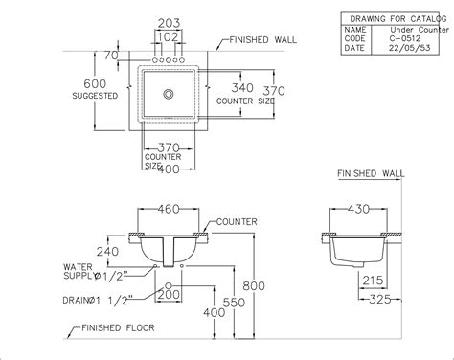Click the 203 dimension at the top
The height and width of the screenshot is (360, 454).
169,23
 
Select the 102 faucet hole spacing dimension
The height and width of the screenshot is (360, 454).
169,37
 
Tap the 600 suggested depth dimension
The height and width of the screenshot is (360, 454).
95,83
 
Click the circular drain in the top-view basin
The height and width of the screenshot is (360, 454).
169,94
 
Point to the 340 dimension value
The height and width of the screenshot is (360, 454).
242,87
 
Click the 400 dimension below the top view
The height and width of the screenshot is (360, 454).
169,169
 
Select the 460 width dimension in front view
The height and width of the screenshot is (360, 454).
169,209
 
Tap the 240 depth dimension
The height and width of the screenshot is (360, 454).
107,252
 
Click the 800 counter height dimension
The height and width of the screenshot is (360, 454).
254,286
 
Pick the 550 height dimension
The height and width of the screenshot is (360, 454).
234,303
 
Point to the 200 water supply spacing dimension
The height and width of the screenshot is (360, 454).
169,294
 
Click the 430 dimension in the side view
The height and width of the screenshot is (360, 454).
358,209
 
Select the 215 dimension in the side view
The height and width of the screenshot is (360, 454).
373,281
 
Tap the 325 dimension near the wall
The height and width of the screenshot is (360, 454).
380,300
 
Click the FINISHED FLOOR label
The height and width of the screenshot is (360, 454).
118,327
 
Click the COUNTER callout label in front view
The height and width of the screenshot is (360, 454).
237,222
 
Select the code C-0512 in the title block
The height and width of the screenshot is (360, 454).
405,38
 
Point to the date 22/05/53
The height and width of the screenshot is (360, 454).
410,48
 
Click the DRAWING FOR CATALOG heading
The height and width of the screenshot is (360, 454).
398,19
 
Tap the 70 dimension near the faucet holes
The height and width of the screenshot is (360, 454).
111,56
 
